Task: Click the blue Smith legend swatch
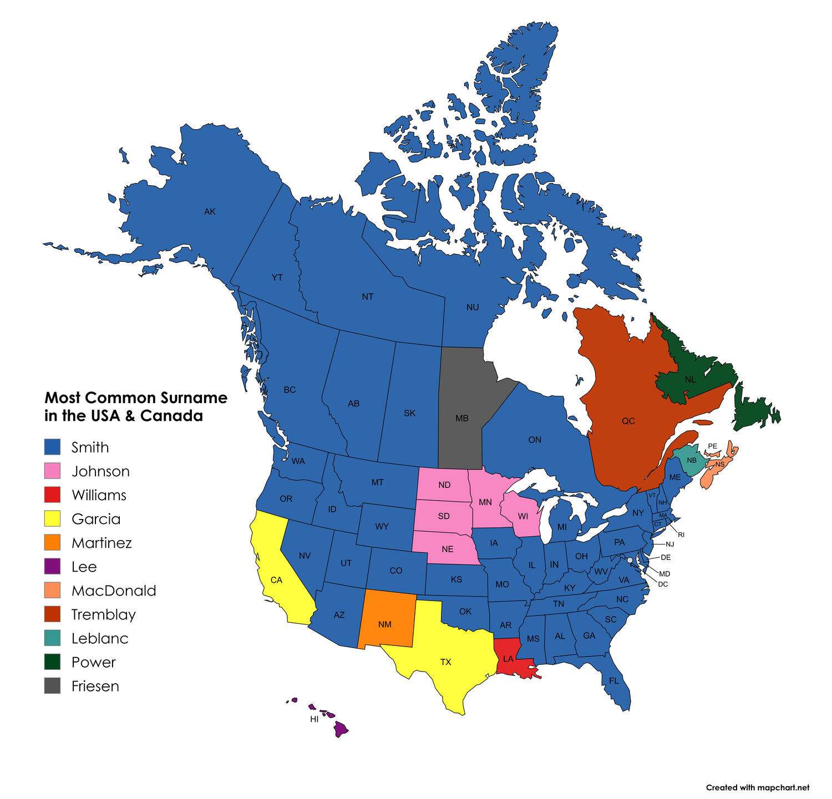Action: (52, 447)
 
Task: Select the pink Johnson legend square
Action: (52, 471)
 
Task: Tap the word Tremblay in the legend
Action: (103, 614)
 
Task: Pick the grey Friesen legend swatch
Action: (52, 686)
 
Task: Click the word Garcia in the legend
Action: (95, 519)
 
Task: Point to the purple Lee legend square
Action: (52, 567)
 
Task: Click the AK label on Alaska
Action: (210, 211)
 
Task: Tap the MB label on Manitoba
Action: (462, 418)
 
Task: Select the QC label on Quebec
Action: (628, 421)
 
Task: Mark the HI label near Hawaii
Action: (314, 719)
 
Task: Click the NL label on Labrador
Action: (690, 380)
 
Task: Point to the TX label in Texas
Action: (446, 662)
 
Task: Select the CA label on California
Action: (276, 580)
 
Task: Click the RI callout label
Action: (681, 535)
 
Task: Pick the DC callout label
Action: (663, 584)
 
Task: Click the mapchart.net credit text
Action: (757, 787)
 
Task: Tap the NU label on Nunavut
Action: (473, 307)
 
